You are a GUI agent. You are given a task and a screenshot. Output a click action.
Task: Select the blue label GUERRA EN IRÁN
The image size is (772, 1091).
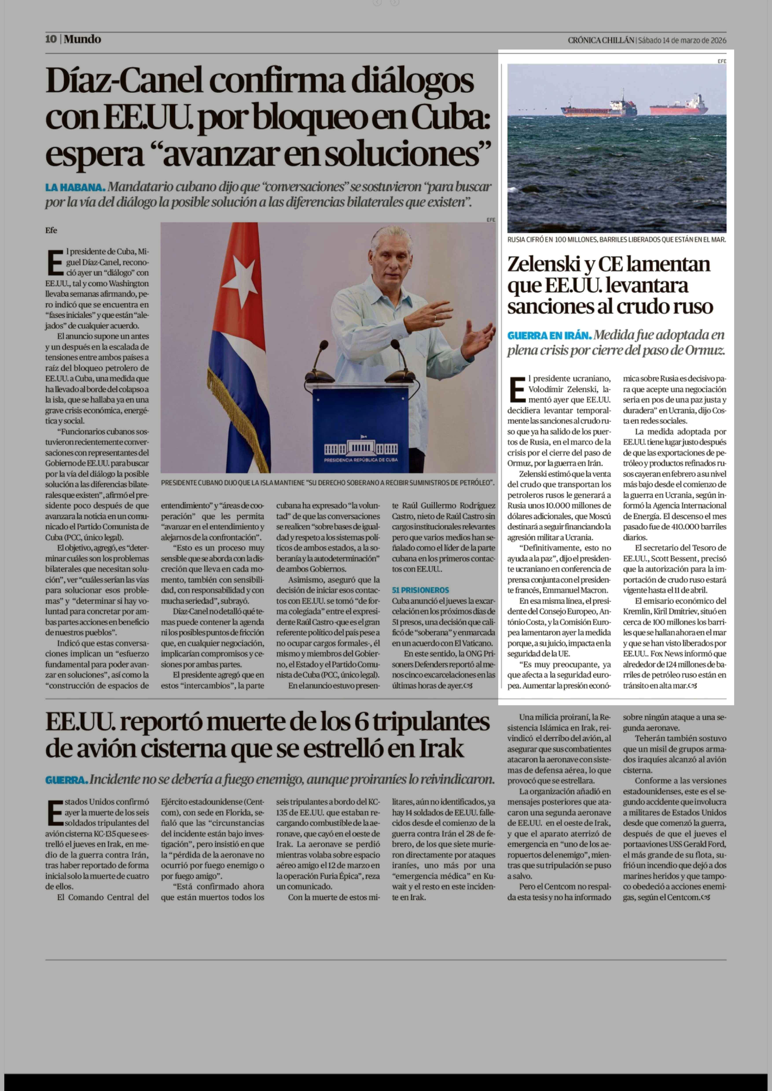click(549, 336)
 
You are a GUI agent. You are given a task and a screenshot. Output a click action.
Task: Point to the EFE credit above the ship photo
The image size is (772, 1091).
click(722, 61)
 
